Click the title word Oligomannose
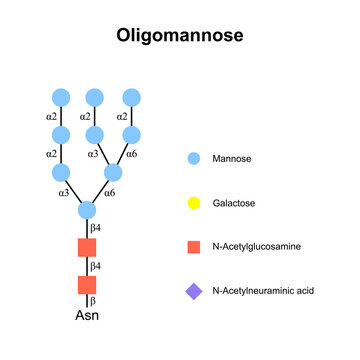coord(179,36)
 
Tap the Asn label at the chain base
coord(87,317)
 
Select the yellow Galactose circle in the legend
coord(194,203)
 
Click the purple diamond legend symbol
coord(194,291)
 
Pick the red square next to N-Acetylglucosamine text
coord(194,246)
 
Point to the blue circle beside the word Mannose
coord(194,159)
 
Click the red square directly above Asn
coord(87,285)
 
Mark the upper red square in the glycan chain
coord(87,248)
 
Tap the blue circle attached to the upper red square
coord(87,210)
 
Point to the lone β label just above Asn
coord(95,301)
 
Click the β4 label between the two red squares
coord(97,267)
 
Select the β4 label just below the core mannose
coord(97,229)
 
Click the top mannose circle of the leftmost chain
coord(60,97)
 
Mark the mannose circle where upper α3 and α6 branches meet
coord(112,172)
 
